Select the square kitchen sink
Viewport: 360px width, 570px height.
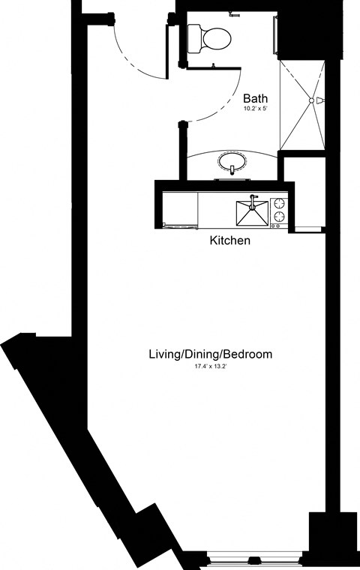tap(252, 213)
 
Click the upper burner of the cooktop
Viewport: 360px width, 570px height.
tap(279, 202)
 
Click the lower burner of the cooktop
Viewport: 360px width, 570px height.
tap(279, 217)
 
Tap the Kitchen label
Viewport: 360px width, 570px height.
tap(229, 241)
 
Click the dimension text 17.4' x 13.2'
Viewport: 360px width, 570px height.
tap(210, 367)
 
